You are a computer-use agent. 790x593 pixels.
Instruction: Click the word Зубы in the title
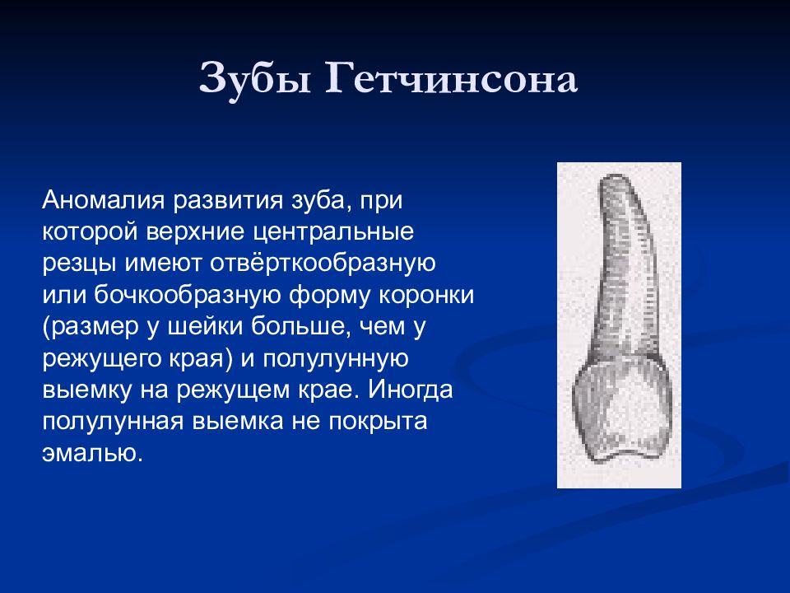[x=255, y=80]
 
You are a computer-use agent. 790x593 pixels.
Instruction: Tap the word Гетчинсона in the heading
[x=452, y=78]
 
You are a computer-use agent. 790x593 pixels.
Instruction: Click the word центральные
[x=333, y=232]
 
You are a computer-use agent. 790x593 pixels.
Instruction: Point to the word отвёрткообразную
[x=323, y=264]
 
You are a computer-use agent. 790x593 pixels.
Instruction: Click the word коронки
[x=426, y=296]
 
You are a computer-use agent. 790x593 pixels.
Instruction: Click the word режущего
[x=100, y=359]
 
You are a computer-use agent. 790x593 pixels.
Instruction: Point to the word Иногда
[x=411, y=390]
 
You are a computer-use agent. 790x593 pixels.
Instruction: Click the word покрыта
[x=379, y=422]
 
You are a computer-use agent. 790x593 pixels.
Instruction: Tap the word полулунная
[x=113, y=422]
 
